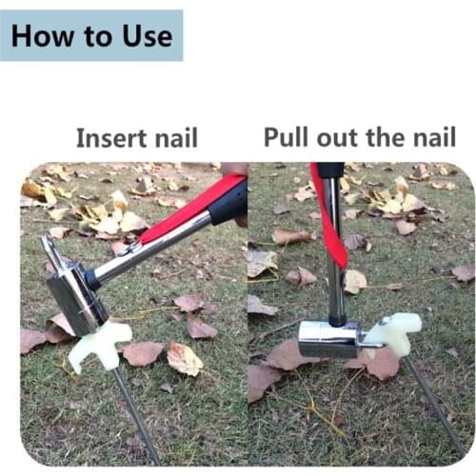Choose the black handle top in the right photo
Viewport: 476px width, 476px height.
(329, 169)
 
